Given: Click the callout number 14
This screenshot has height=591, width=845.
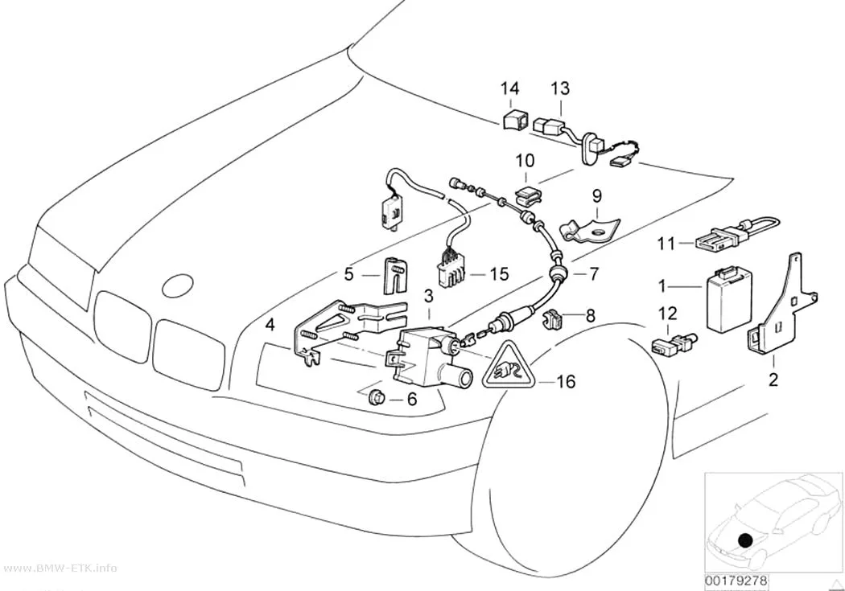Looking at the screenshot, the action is pyautogui.click(x=509, y=88).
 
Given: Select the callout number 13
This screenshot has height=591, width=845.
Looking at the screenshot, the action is pyautogui.click(x=560, y=88).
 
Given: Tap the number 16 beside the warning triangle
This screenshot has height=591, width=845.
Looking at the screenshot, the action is pyautogui.click(x=565, y=382).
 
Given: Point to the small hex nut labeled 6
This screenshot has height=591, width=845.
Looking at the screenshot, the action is pyautogui.click(x=376, y=399).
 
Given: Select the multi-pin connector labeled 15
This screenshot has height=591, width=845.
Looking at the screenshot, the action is pyautogui.click(x=448, y=268).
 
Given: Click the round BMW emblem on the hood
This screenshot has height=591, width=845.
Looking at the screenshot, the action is pyautogui.click(x=177, y=285).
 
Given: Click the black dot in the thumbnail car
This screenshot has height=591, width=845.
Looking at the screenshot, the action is pyautogui.click(x=745, y=540).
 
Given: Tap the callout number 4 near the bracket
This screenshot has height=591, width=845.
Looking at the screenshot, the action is pyautogui.click(x=270, y=325).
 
